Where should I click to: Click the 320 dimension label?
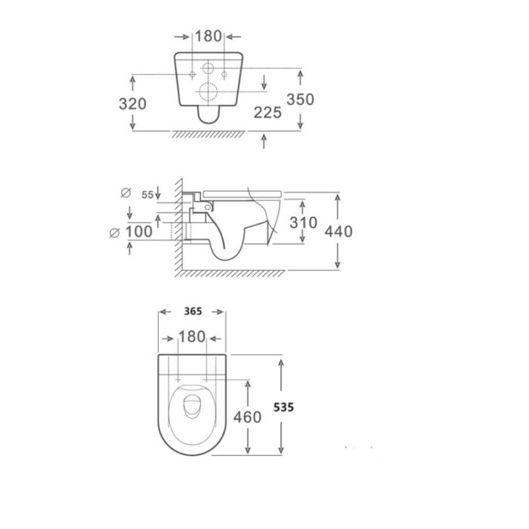coord(132,104)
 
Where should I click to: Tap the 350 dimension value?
coord(300,99)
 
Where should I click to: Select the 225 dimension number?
coord(268,113)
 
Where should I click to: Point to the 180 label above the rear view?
coord(209,36)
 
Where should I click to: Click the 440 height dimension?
coord(339,231)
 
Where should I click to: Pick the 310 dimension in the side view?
coord(303,223)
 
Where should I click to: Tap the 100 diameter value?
coord(138,232)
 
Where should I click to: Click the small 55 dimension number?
coord(147,195)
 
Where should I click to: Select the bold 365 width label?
coord(193,311)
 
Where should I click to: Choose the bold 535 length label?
coord(283,407)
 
